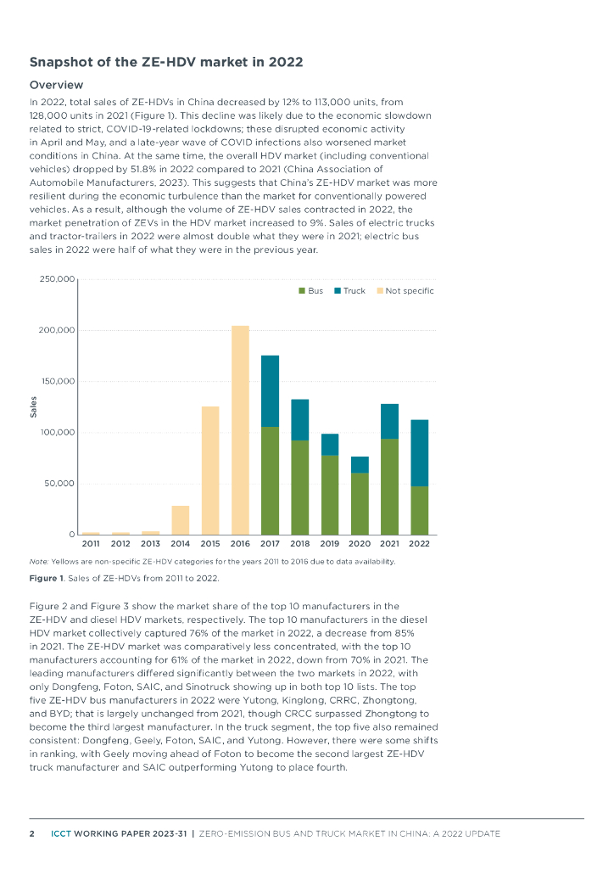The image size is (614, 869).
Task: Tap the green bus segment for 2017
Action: pos(270,480)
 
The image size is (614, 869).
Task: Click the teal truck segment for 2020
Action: pos(360,464)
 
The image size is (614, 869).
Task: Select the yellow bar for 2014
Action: pos(181,519)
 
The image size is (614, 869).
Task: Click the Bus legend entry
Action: pos(310,291)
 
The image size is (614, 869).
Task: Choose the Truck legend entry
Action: pos(349,291)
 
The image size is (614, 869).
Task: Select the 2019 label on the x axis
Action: pos(330,543)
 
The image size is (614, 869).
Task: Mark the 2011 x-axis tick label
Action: pos(91,543)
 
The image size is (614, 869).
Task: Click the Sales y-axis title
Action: pos(34,407)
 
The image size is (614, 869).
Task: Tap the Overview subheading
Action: pos(56,85)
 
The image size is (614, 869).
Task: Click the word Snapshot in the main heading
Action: pos(64,62)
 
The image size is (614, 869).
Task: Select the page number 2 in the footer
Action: pos(32,833)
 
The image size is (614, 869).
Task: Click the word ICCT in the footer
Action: pos(60,833)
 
